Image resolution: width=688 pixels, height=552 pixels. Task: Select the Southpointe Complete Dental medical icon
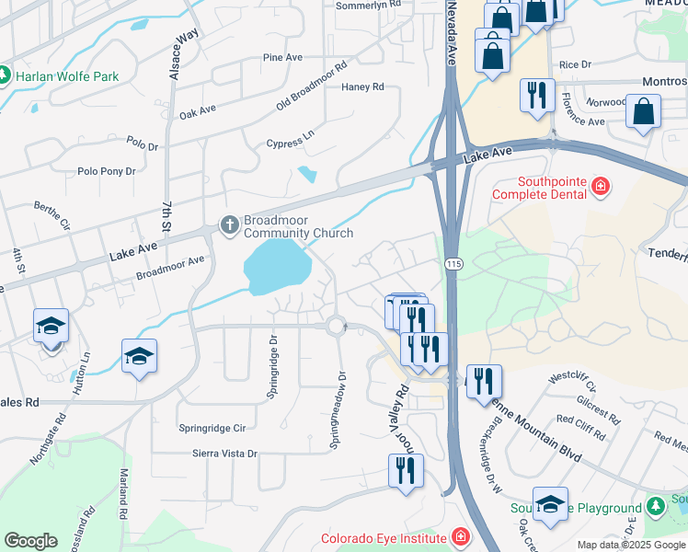601,188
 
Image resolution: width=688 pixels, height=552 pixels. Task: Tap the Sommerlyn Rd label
369,5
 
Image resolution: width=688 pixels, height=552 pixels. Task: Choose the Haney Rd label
362,87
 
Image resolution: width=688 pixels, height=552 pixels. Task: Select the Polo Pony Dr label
107,171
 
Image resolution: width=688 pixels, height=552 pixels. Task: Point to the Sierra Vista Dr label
224,454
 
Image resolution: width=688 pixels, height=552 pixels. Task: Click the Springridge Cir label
212,428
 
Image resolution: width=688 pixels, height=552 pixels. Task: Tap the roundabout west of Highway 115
336,325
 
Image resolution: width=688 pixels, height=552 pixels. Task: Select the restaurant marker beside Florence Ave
535,95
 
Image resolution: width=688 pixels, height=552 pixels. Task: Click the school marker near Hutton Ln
138,356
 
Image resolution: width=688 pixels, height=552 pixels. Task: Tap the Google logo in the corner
30,541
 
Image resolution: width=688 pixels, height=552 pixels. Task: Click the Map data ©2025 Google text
631,545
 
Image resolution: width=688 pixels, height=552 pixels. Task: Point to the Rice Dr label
575,64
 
